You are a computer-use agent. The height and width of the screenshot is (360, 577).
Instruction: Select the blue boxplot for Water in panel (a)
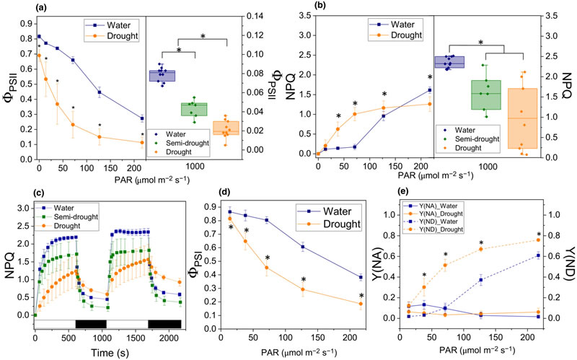coord(162,76)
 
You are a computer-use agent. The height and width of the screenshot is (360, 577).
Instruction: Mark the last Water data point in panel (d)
coord(360,277)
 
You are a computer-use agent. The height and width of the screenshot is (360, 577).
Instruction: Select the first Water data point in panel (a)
coord(39,36)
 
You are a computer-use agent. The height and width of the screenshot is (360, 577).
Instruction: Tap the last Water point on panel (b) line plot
coord(429,90)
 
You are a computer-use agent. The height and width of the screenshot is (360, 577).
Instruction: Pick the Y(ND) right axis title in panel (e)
coord(568,263)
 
